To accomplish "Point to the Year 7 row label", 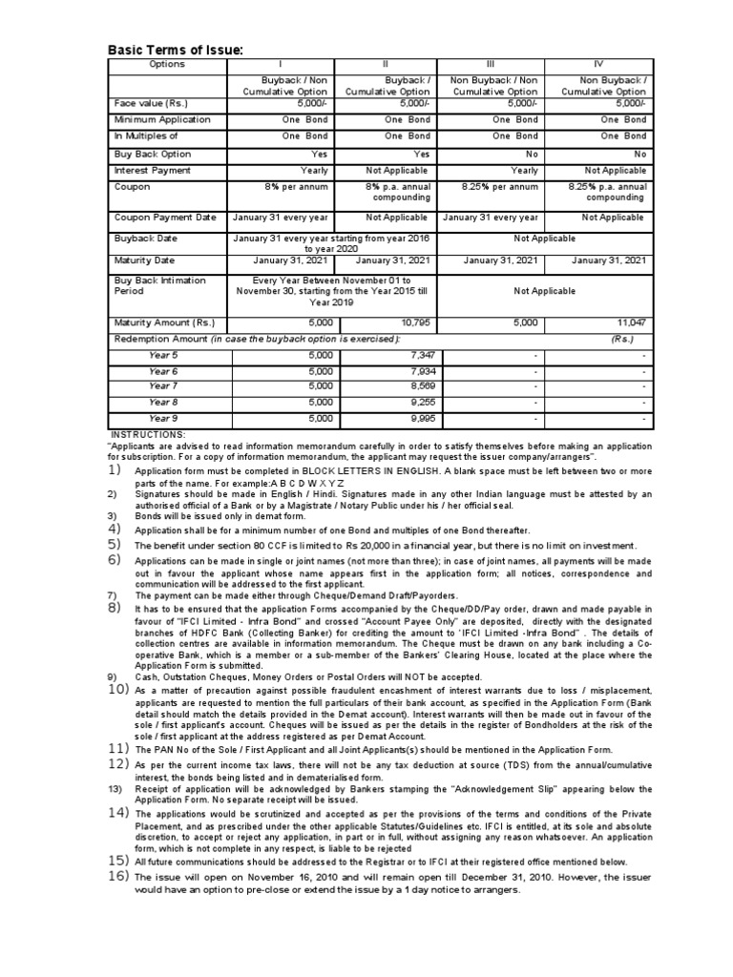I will (x=163, y=386).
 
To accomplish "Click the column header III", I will (x=490, y=64).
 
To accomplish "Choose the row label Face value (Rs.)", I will (x=152, y=104).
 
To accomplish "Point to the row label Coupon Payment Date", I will (x=165, y=218).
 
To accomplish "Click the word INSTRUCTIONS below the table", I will (x=148, y=434).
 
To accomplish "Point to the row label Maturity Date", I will (x=145, y=260).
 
